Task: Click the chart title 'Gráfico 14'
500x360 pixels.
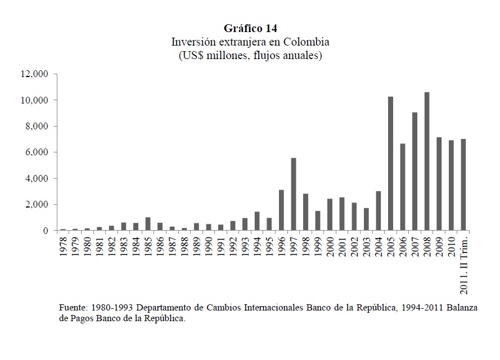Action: (x=250, y=28)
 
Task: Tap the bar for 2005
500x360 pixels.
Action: (x=390, y=164)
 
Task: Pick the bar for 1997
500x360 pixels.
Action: (x=294, y=194)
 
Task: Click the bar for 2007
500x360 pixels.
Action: (x=415, y=172)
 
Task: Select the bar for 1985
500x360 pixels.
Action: (x=148, y=224)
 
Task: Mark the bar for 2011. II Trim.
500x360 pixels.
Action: (x=463, y=185)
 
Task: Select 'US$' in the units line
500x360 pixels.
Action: (x=191, y=56)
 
